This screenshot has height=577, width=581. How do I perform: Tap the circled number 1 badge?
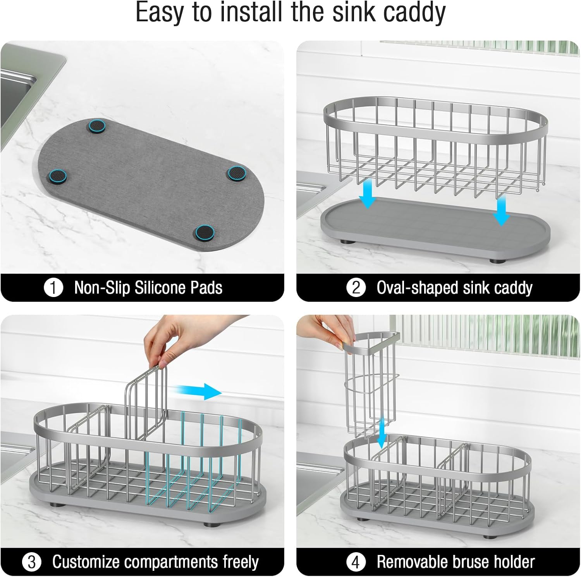coord(53,288)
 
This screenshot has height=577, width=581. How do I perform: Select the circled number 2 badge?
coord(356,288)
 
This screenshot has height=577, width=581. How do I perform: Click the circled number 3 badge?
coord(32,562)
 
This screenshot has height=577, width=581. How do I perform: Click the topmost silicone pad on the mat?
coord(97,126)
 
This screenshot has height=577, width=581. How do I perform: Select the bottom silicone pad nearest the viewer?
coord(205,232)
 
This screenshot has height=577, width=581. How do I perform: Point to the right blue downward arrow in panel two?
coord(502,210)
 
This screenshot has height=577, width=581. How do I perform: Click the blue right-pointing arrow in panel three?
coord(196,392)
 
